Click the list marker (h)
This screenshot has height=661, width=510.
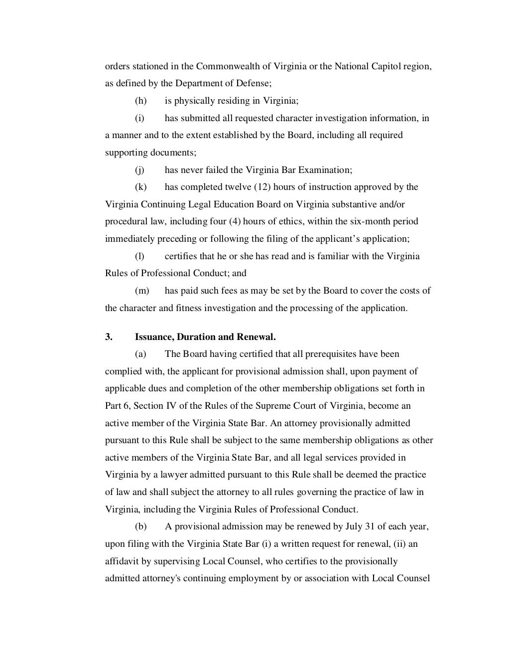tap(140, 101)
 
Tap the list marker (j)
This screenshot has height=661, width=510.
tap(139, 170)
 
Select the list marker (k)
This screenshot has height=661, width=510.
tap(140, 187)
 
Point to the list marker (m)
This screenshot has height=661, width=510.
tap(142, 291)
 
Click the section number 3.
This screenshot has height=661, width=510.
tap(109, 337)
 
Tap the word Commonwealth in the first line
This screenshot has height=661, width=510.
tap(226, 66)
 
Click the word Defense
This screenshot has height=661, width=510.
tap(253, 83)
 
